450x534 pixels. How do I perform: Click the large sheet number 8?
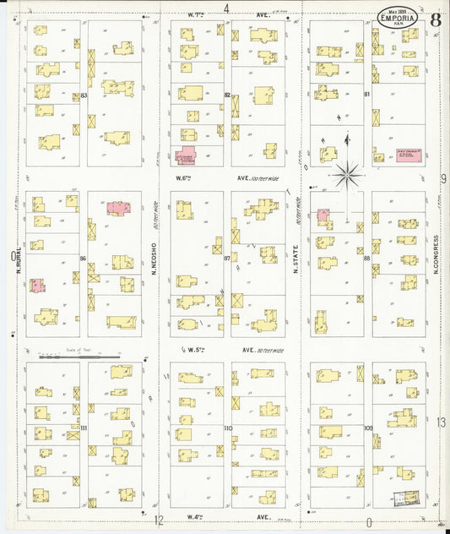click(x=434, y=19)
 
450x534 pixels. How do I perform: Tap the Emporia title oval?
click(x=395, y=19)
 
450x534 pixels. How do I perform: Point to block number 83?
click(x=85, y=95)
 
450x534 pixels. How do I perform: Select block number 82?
click(x=226, y=95)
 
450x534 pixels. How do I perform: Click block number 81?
click(x=367, y=94)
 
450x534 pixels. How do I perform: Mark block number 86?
click(x=83, y=257)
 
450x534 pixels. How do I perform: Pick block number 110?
click(x=227, y=428)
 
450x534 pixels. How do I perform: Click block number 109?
click(x=368, y=428)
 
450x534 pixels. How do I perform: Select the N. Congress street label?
click(x=436, y=253)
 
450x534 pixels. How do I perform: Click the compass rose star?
click(x=346, y=176)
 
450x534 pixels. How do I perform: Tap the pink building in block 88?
click(x=323, y=216)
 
